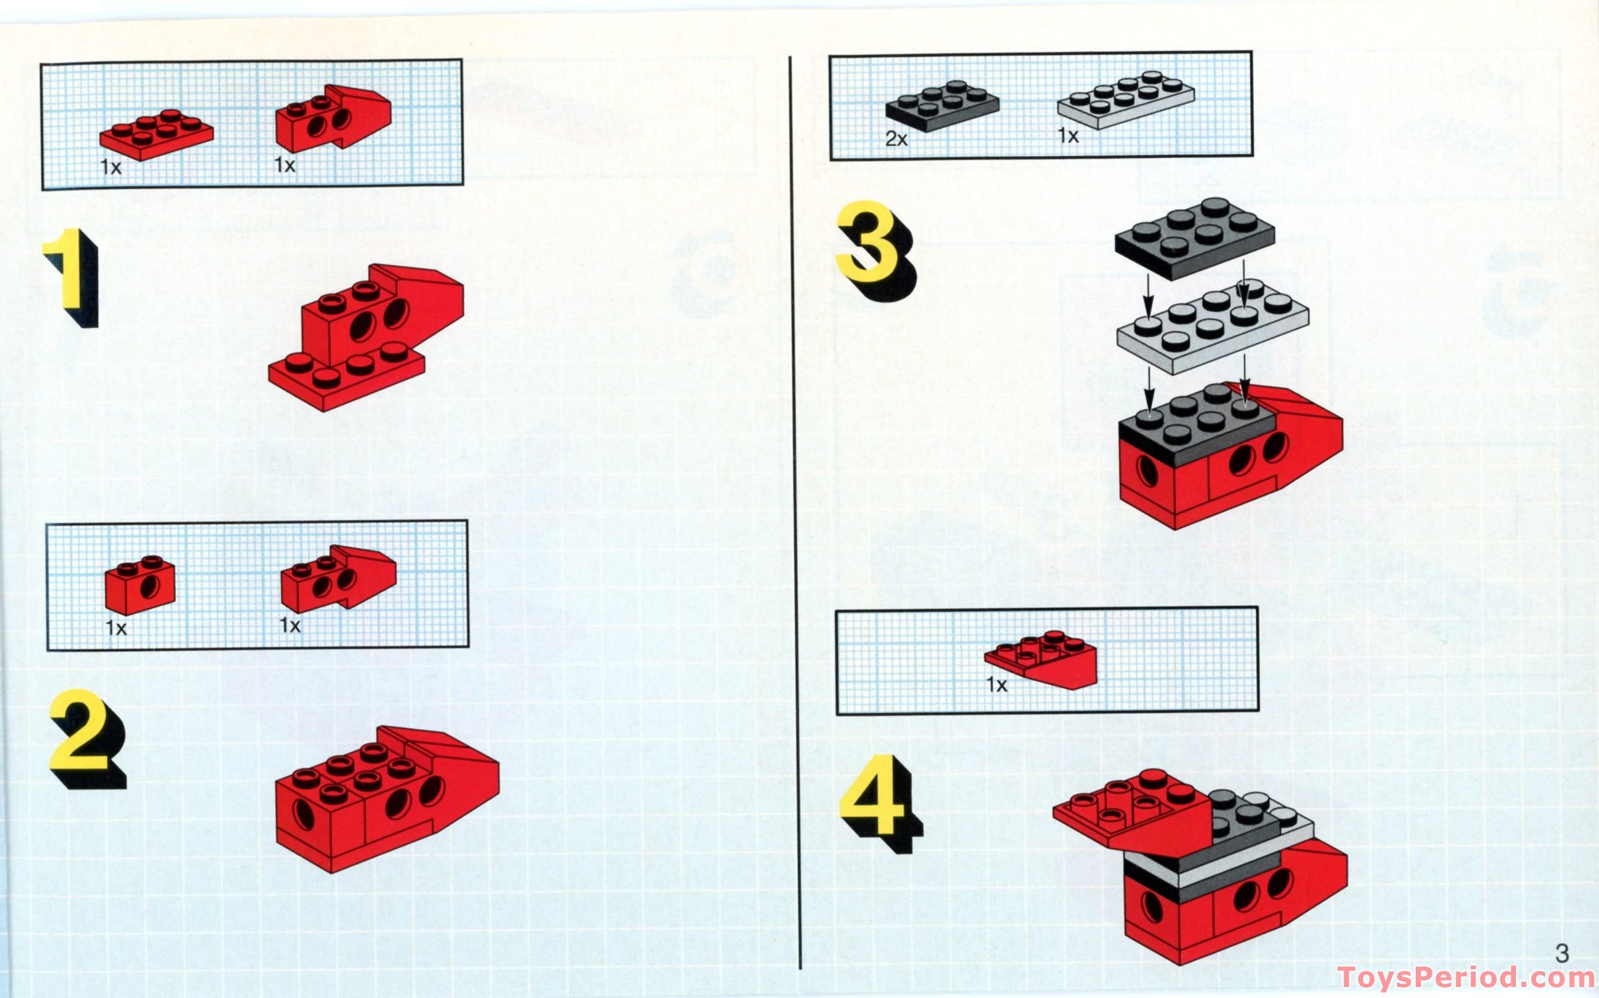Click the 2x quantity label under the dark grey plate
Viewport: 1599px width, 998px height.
[x=896, y=139]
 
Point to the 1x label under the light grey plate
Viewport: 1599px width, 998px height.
[x=1068, y=136]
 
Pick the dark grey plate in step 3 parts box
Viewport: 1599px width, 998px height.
[x=942, y=106]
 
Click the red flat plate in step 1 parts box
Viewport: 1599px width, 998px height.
[x=156, y=134]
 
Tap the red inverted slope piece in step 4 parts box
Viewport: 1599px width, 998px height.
[x=1042, y=660]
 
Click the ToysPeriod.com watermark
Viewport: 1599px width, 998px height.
[x=1466, y=977]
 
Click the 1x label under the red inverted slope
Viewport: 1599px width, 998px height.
[x=996, y=685]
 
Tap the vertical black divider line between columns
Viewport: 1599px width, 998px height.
[x=796, y=515]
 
